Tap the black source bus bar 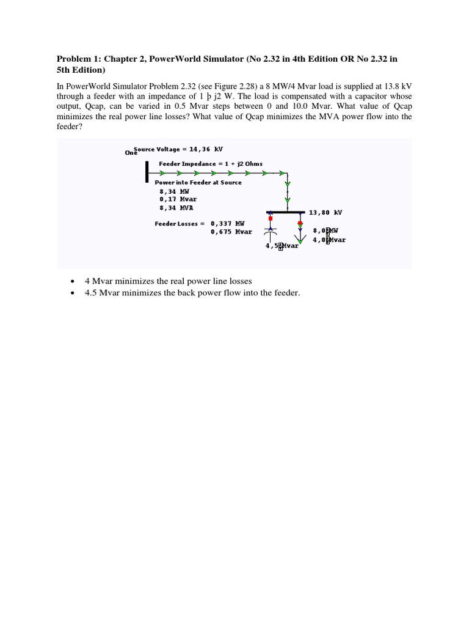[x=147, y=171]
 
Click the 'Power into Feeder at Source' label [x=198, y=182]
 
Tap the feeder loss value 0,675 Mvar [x=231, y=232]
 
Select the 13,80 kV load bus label [x=325, y=212]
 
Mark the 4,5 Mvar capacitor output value [x=282, y=246]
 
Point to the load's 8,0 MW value [x=325, y=230]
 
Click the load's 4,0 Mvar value [x=329, y=240]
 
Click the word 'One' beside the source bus [x=130, y=153]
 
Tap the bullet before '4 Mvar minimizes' [x=73, y=281]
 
